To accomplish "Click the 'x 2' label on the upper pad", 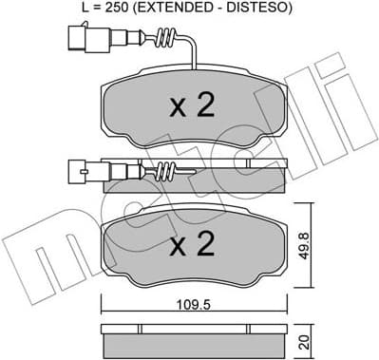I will click(x=190, y=107).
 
